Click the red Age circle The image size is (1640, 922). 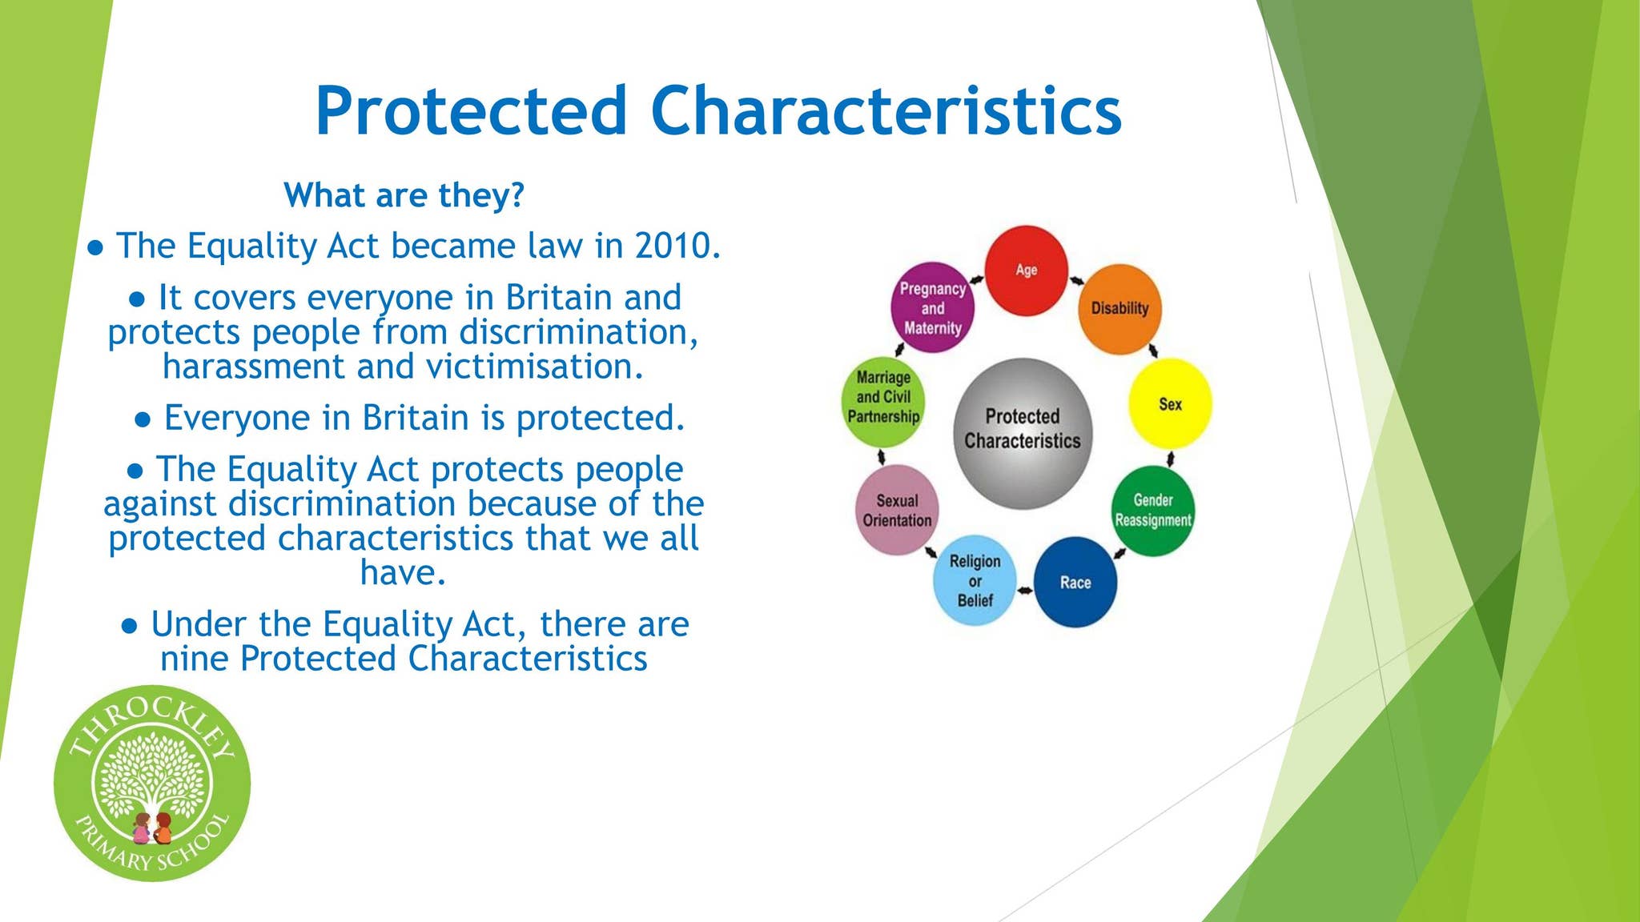coord(1026,271)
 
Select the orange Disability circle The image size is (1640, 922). coord(1119,309)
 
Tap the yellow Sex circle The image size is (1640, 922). coord(1170,404)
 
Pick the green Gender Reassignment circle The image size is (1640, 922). coord(1153,511)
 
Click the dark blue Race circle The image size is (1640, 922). coord(1075,582)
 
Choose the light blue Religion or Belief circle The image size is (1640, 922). coord(975,580)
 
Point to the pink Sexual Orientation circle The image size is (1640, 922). coord(897,510)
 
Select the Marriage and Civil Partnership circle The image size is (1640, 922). coord(883,402)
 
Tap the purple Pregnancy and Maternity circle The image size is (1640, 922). coord(933,308)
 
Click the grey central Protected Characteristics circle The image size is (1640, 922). coord(1023,433)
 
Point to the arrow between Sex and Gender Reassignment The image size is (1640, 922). coord(1171,459)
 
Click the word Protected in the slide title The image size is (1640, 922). coord(471,110)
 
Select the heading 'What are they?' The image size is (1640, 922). coord(404,194)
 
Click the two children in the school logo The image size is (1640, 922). coord(152,828)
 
